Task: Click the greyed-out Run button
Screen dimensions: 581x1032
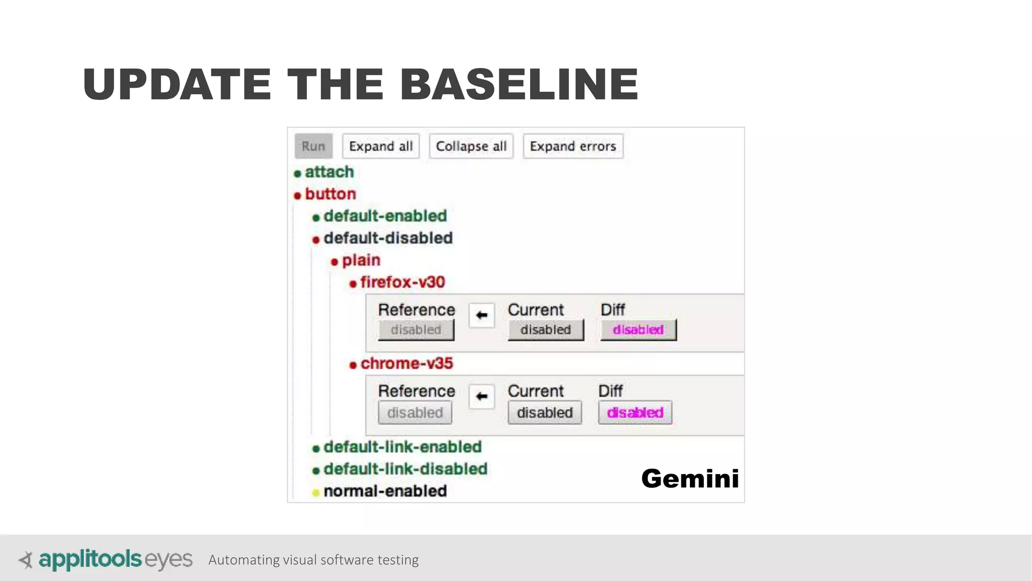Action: tap(313, 146)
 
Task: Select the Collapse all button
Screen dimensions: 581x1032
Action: tap(471, 146)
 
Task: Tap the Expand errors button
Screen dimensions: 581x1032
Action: tap(572, 146)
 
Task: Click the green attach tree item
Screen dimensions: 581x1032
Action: tap(329, 172)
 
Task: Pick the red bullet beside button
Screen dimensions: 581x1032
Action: tap(297, 195)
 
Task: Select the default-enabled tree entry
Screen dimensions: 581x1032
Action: tap(385, 216)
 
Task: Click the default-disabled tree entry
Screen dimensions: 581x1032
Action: tap(388, 238)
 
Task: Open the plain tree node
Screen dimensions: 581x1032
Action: tap(361, 260)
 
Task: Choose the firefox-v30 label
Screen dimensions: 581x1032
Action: tap(402, 282)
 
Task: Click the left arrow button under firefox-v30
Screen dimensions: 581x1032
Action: tap(481, 315)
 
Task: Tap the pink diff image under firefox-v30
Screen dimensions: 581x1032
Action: tap(638, 330)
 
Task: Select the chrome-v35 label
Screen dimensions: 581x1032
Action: tap(406, 364)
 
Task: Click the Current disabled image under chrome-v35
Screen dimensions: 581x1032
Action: tap(544, 413)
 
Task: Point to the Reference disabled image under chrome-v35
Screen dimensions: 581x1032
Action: tap(415, 413)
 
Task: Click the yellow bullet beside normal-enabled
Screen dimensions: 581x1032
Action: tap(316, 493)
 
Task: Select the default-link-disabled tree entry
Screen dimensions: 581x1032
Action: tap(405, 469)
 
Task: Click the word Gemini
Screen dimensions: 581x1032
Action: tap(689, 478)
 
